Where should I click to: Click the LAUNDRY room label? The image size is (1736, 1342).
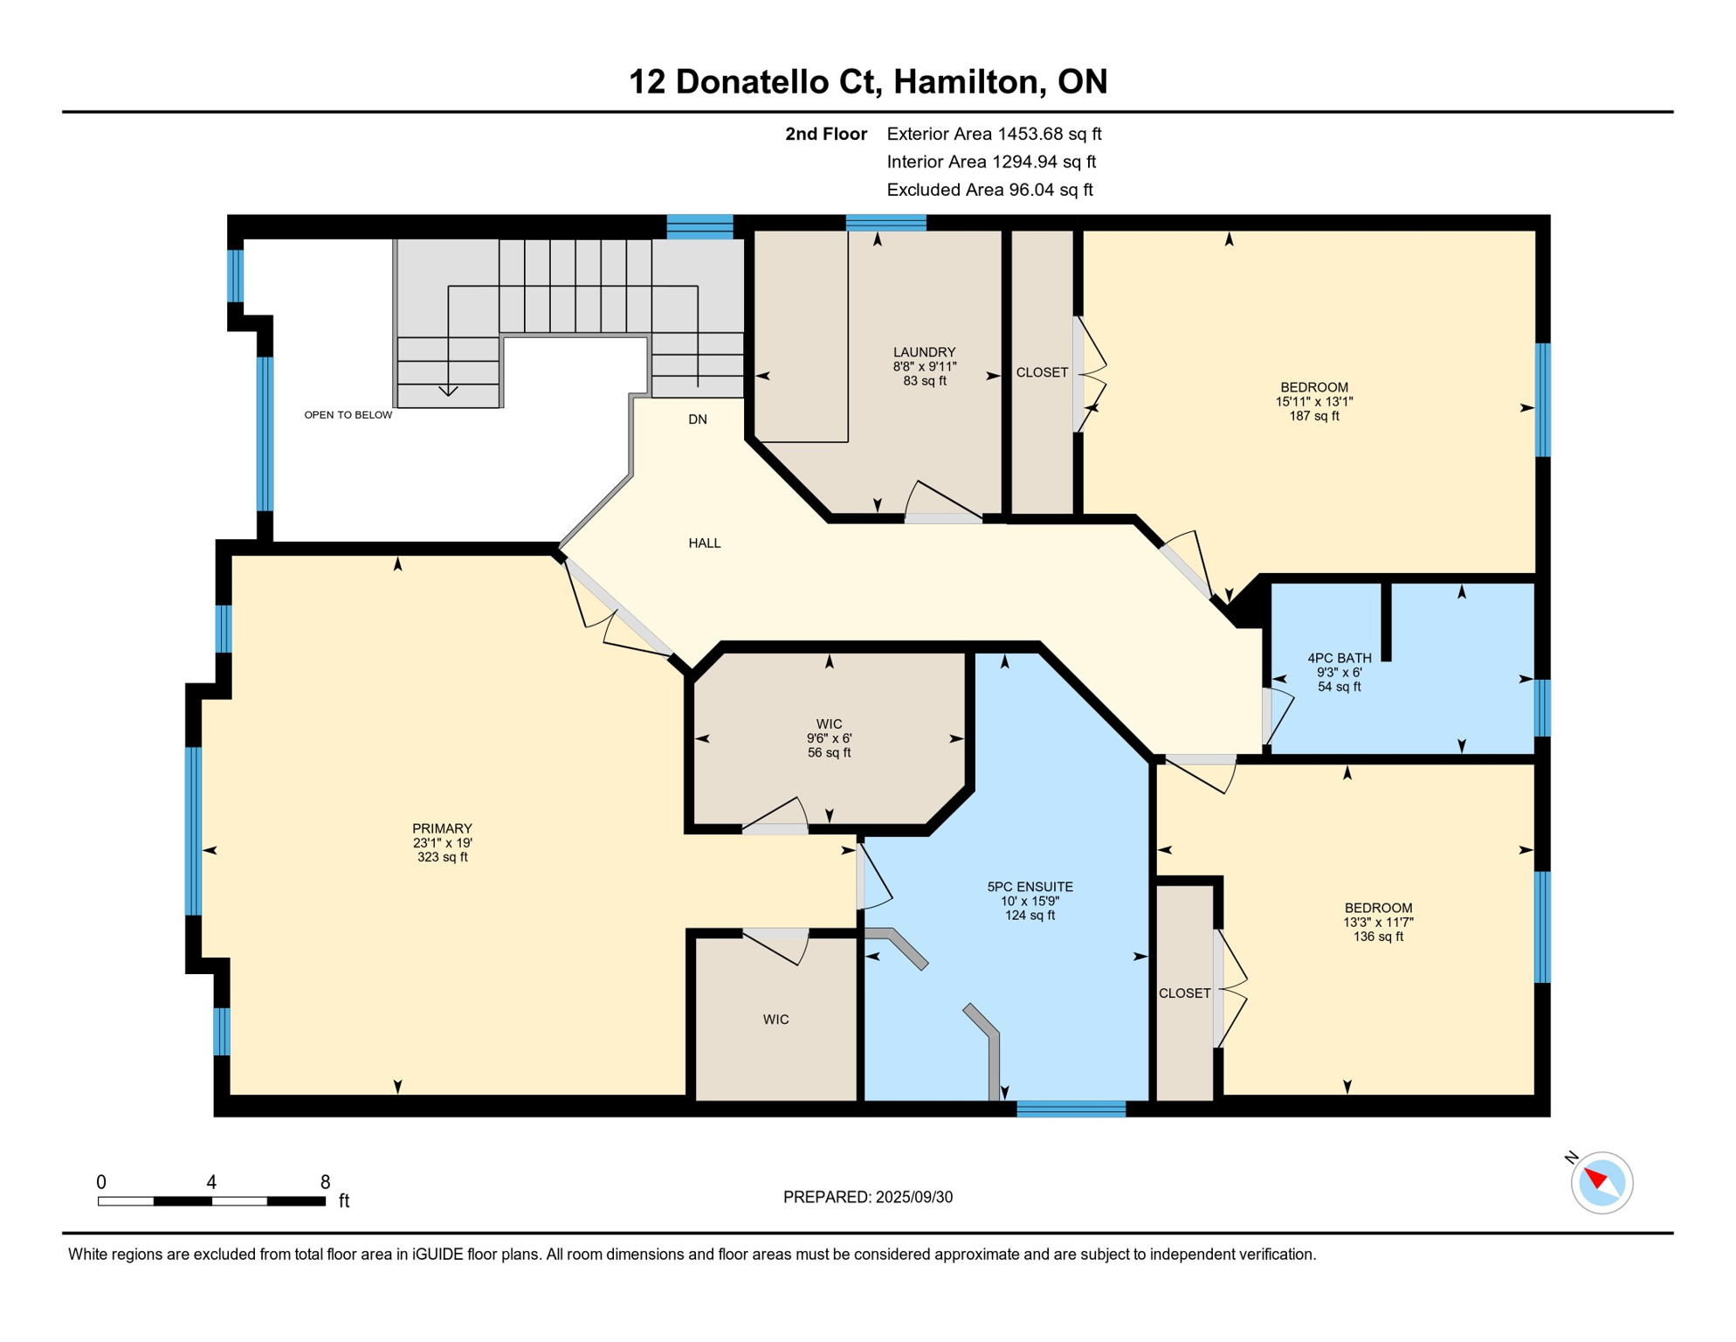click(924, 352)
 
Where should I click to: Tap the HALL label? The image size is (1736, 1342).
click(705, 543)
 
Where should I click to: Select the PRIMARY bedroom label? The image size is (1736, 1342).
click(442, 828)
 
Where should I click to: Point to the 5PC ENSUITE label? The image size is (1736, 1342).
click(1030, 887)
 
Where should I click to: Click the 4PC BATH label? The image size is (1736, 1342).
click(1339, 658)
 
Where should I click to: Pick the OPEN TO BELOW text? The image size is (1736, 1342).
click(348, 415)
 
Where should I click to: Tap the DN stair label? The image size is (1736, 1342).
click(698, 419)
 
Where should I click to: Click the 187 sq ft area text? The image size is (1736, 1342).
click(1314, 416)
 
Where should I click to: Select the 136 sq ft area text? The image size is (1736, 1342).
click(1378, 937)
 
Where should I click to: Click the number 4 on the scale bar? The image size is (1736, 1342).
click(211, 1182)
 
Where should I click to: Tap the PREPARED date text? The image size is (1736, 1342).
click(867, 1197)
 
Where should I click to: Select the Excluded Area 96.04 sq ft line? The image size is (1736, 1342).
click(989, 190)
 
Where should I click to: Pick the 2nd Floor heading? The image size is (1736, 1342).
click(825, 134)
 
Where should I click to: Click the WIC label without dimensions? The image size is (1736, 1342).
click(775, 1020)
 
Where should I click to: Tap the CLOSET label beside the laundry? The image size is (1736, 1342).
click(1042, 372)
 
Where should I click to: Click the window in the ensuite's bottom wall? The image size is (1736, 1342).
click(1071, 1110)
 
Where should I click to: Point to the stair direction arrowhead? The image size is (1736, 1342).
click(448, 391)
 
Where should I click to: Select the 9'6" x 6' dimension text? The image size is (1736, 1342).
click(829, 738)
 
